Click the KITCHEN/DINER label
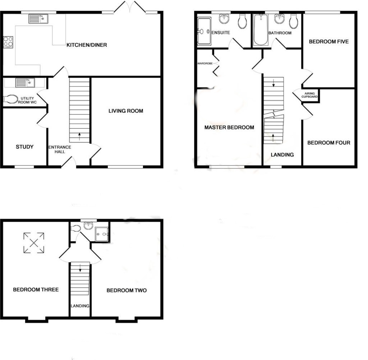coord(87,45)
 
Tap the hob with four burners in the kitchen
coord(8,42)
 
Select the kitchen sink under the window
coord(38,19)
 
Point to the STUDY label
coord(25,147)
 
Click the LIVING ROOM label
coord(126,111)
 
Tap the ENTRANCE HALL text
coord(60,149)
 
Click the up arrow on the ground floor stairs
coord(79,136)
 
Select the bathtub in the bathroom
coord(261,30)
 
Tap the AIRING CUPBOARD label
coord(310,95)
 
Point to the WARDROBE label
coord(205,64)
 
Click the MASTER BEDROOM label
coord(229,128)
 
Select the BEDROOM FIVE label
coord(329,42)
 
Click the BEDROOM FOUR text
coord(328,143)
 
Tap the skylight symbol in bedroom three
coord(34,243)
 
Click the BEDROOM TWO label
coord(126,290)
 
